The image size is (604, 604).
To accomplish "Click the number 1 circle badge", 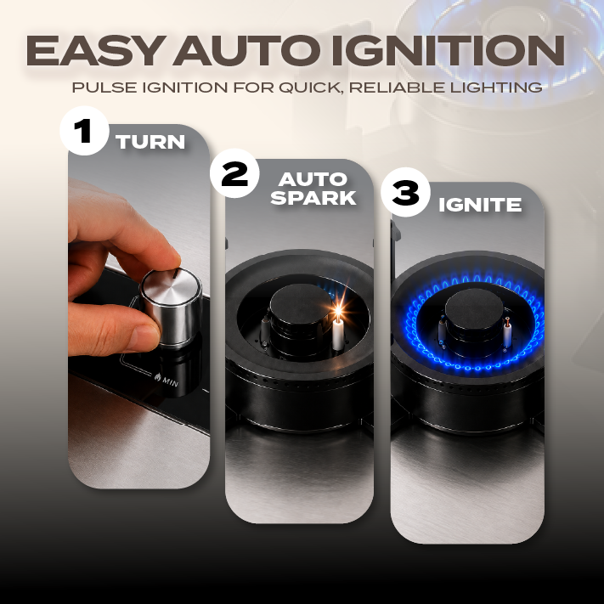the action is pyautogui.click(x=84, y=131).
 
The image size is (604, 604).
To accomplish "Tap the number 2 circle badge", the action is pyautogui.click(x=234, y=173).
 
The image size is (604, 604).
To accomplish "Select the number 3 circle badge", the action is pyautogui.click(x=405, y=192).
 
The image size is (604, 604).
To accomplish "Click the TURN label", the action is pyautogui.click(x=150, y=142).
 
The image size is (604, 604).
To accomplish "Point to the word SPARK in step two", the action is pyautogui.click(x=313, y=198).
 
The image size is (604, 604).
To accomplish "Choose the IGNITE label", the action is pyautogui.click(x=480, y=205).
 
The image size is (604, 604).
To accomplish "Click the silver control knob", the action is pyautogui.click(x=171, y=306).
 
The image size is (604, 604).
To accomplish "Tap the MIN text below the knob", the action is pyautogui.click(x=170, y=381).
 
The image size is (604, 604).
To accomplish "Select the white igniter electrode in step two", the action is pyautogui.click(x=338, y=334).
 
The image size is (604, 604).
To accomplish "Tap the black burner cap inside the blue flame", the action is pyautogui.click(x=474, y=308).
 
